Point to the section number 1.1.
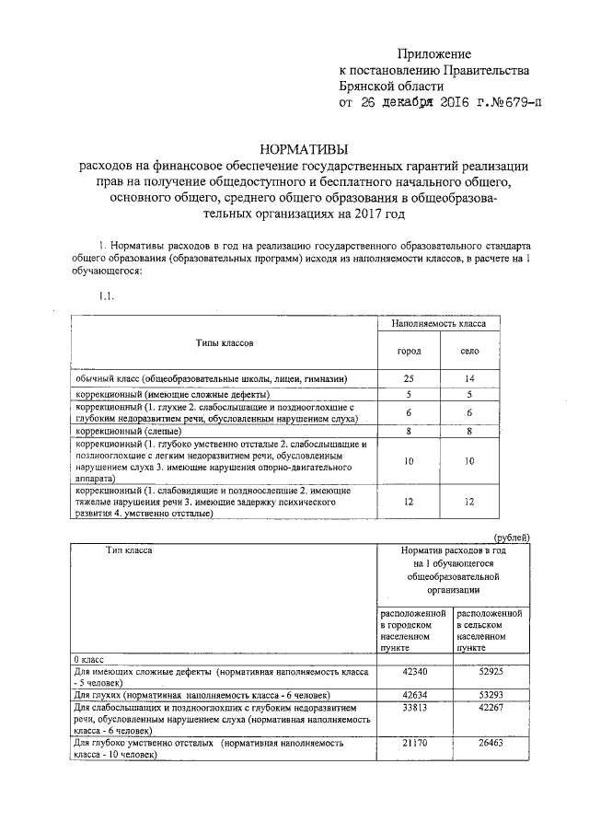[x=106, y=295]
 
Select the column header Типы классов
[x=224, y=342]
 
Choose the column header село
[x=469, y=352]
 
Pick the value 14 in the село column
[x=469, y=378]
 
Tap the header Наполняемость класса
[x=439, y=324]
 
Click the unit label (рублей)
[x=513, y=538]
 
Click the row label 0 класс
[x=88, y=660]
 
